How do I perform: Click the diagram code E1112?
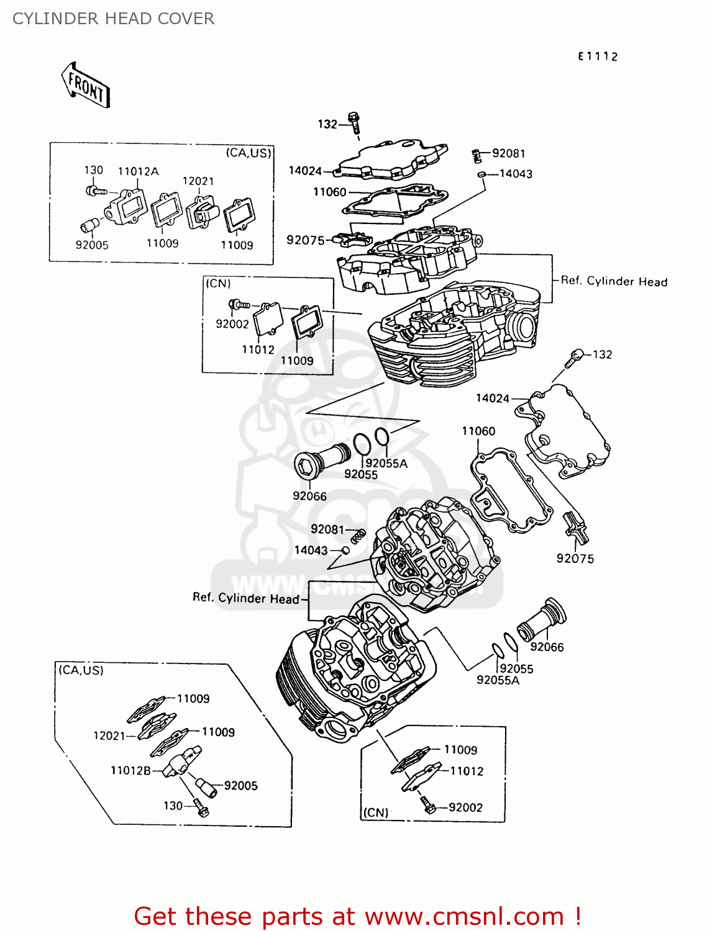click(597, 56)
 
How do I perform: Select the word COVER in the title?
click(186, 19)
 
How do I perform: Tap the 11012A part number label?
click(138, 171)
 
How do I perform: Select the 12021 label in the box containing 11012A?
click(198, 181)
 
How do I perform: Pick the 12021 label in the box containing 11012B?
click(109, 735)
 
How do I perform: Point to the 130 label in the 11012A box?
click(93, 170)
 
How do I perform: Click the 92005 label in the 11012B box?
click(240, 785)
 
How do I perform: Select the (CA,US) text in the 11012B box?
click(81, 670)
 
